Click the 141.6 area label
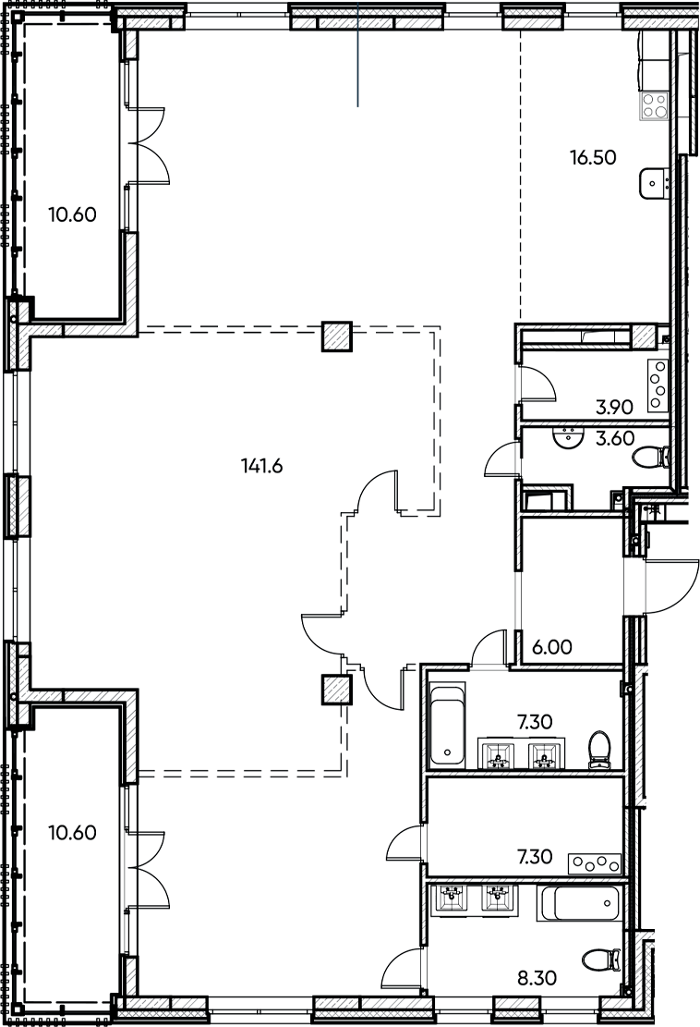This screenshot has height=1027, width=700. (x=259, y=466)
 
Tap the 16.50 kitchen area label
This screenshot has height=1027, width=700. (x=592, y=157)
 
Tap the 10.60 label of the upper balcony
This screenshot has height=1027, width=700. (x=72, y=214)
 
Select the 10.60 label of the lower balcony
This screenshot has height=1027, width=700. (x=72, y=831)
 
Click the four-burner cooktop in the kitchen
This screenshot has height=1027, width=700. (x=657, y=104)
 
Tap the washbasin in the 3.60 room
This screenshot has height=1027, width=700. (x=566, y=436)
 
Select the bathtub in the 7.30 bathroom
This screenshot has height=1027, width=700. (x=448, y=724)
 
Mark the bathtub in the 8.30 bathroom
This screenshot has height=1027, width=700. (x=580, y=902)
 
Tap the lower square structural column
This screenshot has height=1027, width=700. (x=336, y=690)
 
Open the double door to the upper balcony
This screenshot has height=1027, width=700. (x=148, y=143)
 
